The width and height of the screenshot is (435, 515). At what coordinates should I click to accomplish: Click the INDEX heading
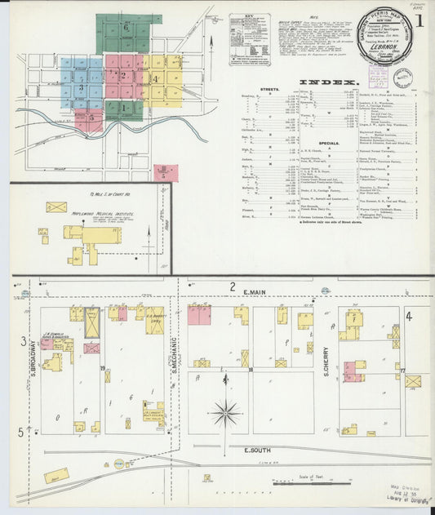[x=328, y=82]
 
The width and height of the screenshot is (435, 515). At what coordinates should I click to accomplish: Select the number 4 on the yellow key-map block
[x=154, y=79]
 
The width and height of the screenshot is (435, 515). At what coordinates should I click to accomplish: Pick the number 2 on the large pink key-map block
[x=122, y=76]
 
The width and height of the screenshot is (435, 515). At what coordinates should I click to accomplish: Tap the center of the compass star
[x=225, y=412]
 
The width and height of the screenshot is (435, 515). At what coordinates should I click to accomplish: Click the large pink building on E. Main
[x=199, y=315]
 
